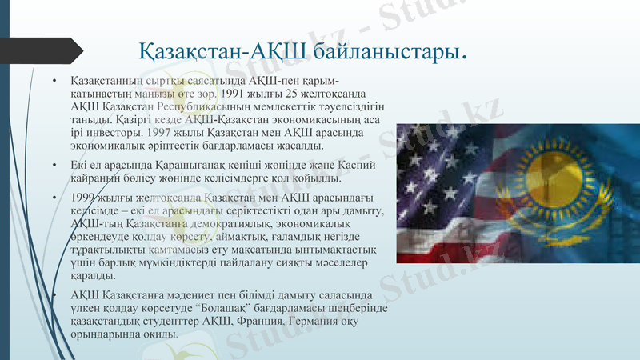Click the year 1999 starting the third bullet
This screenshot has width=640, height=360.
pos(86,198)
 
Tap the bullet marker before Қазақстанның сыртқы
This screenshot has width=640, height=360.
pos(54,81)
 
